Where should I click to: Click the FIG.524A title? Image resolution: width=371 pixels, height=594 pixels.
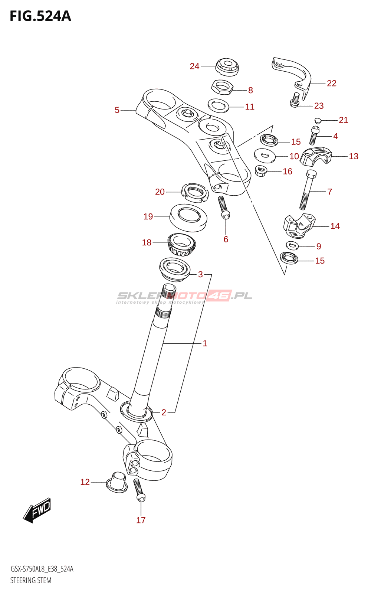point(40,16)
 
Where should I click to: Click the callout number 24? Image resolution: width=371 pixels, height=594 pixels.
point(194,66)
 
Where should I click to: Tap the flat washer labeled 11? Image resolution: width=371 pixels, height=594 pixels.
point(218,105)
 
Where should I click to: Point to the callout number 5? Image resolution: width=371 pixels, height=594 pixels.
point(117,110)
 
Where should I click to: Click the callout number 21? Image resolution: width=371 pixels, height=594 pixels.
point(343,120)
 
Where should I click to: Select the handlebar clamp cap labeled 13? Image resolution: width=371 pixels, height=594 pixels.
point(315,156)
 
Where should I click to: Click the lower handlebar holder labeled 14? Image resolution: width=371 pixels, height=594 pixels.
point(298,226)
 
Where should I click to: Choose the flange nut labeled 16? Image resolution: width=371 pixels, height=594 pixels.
point(261,171)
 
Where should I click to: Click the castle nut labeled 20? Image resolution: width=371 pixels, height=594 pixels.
point(194,193)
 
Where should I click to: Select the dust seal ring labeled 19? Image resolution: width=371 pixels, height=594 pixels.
point(188,217)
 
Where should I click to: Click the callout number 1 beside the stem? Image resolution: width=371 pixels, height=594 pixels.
point(204,343)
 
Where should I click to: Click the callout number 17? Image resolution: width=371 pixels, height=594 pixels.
point(141,520)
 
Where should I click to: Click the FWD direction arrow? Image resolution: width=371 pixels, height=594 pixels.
point(37,510)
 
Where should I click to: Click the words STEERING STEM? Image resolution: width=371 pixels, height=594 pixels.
point(31,580)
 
